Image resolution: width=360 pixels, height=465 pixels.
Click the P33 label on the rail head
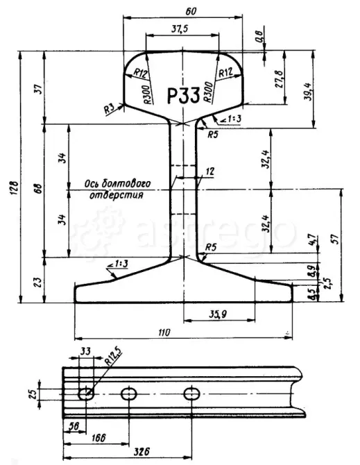pos(184,94)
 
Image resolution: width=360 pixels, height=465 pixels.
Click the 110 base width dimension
pos(164,332)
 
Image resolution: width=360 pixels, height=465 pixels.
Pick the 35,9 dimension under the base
pos(219,314)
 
